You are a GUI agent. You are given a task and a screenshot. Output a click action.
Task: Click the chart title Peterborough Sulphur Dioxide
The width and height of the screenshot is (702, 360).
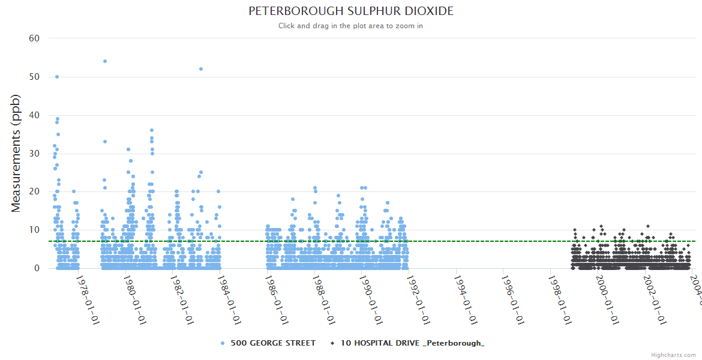[x=350, y=11]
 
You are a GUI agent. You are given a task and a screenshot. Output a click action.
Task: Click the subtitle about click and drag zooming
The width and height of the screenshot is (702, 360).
[x=350, y=26]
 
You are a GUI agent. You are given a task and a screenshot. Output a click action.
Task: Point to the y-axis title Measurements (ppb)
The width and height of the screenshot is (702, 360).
[x=16, y=153]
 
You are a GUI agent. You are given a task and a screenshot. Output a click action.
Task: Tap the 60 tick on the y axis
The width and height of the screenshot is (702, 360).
[x=34, y=38]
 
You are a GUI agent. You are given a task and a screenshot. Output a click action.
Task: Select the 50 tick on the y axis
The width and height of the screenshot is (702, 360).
[x=34, y=77]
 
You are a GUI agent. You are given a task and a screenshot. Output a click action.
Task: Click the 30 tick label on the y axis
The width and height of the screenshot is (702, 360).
[x=34, y=154]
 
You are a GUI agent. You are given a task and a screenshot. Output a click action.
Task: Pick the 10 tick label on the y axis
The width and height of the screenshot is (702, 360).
[x=34, y=230]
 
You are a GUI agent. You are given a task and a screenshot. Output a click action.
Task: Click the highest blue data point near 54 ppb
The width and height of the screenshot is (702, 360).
[x=105, y=61]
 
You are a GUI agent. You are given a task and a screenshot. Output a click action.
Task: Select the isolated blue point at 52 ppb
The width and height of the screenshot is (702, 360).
[x=201, y=69]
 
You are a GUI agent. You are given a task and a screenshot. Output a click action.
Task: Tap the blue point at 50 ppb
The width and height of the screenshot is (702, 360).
[x=57, y=77]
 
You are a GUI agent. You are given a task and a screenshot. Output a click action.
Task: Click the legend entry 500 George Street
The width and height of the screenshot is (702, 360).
[x=273, y=343]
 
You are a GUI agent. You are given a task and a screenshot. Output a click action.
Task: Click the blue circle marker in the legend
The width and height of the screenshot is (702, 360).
[x=223, y=343]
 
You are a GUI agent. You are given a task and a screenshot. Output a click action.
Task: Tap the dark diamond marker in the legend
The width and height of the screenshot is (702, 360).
[x=332, y=343]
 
